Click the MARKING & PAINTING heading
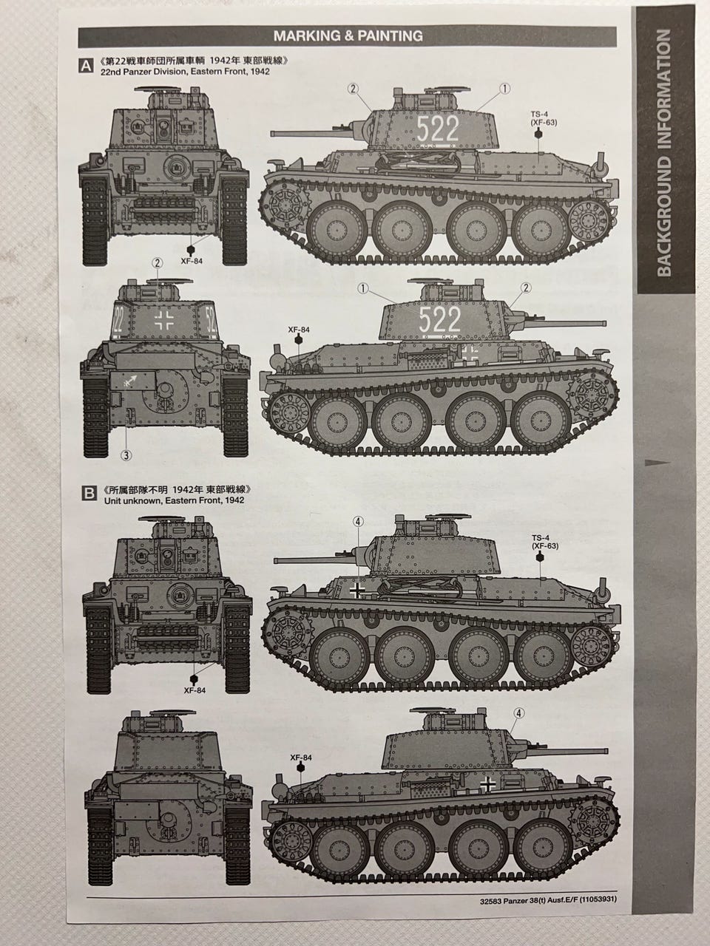[x=348, y=36]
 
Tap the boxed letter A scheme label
[x=87, y=66]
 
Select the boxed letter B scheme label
[x=89, y=493]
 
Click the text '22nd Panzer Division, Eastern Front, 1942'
[x=185, y=72]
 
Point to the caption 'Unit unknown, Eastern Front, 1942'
[x=174, y=500]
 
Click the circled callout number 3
[x=126, y=455]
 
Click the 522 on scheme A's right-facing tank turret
[x=440, y=319]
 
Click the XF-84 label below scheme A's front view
[x=192, y=261]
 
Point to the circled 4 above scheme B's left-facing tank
[x=358, y=522]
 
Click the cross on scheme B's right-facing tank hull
[x=487, y=784]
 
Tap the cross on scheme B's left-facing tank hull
[x=357, y=591]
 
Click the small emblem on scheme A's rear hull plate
[x=132, y=381]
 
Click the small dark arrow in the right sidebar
[x=657, y=463]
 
